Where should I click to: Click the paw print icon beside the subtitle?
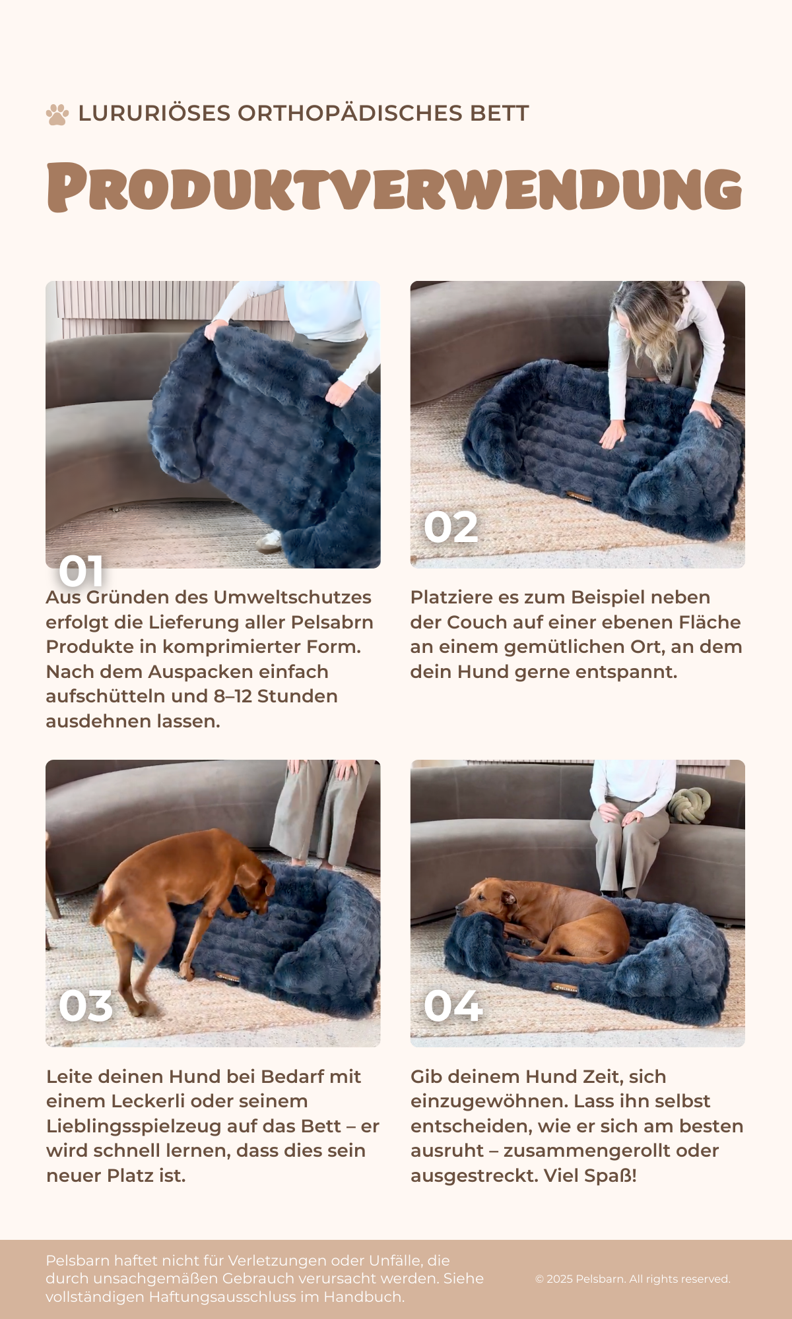coord(57,114)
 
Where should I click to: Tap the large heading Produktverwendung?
coord(395,187)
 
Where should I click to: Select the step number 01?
coord(81,570)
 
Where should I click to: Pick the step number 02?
coord(451,528)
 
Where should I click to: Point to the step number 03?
coord(86,1006)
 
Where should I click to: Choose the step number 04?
coord(453,1006)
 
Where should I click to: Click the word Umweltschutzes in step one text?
coord(292,597)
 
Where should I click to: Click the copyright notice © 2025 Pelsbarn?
coord(580,1279)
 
